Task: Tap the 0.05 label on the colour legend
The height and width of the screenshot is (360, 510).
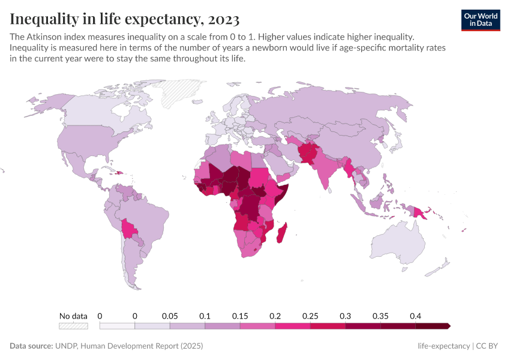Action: (170, 316)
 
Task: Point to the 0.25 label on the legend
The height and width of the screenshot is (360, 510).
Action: (310, 316)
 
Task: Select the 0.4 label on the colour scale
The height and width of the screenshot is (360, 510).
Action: (415, 316)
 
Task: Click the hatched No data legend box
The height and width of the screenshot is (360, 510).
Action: (73, 326)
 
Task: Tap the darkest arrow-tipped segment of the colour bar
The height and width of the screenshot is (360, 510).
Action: (433, 326)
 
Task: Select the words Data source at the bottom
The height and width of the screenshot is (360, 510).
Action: (31, 346)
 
